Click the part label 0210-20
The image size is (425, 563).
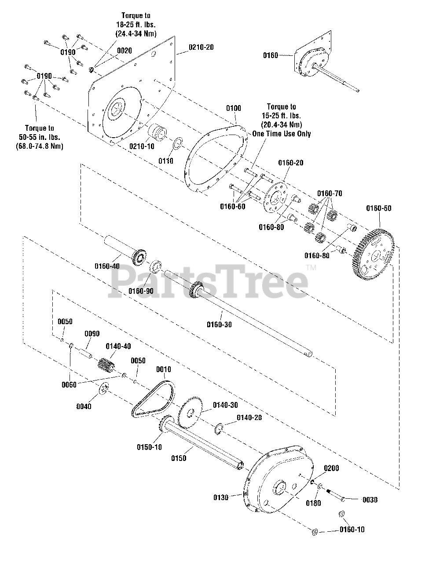coord(201,47)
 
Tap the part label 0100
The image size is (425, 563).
coord(234,108)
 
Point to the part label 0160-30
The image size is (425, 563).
coord(219,325)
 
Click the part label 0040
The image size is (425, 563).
coord(84,406)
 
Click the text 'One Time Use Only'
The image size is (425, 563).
coord(282,133)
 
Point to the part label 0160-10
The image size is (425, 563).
coord(352,530)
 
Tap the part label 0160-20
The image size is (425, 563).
coord(290,163)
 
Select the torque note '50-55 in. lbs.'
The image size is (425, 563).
coord(39,137)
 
